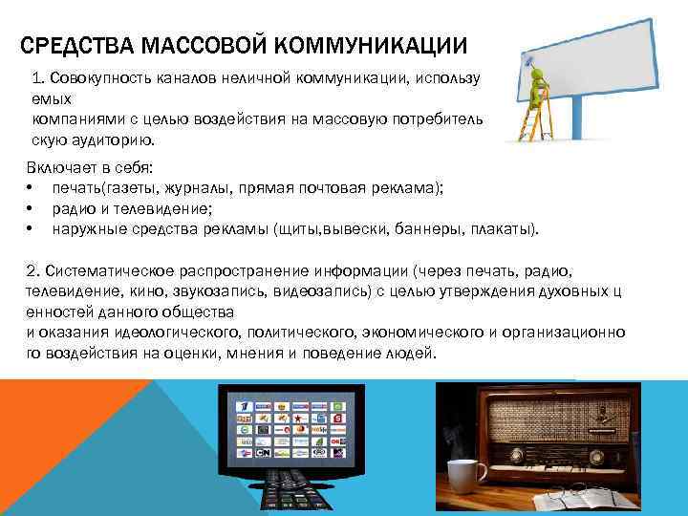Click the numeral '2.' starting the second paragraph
coord(33,270)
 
